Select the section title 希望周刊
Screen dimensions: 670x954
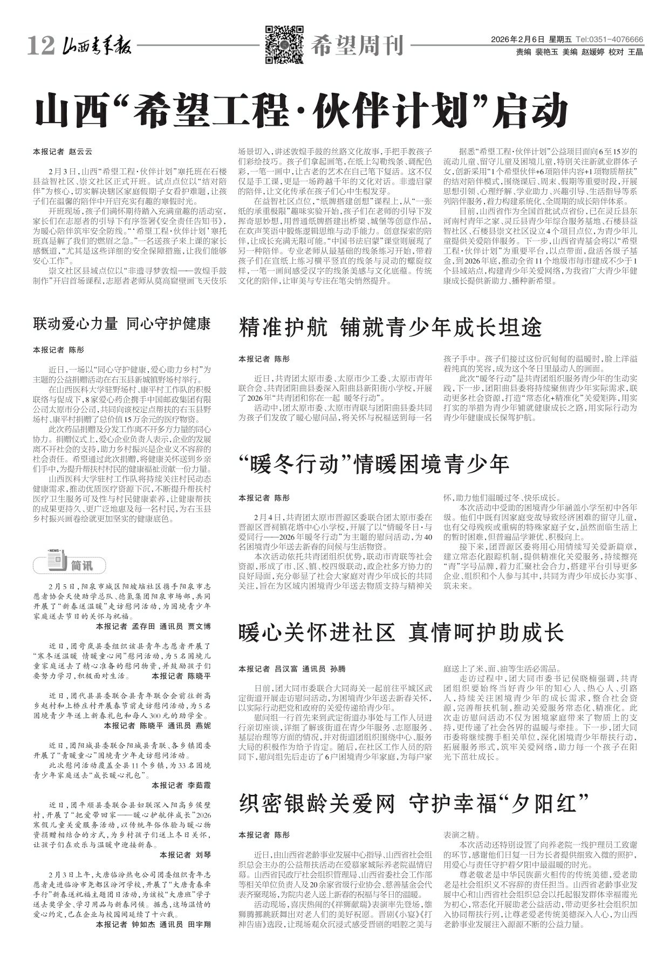click(357, 47)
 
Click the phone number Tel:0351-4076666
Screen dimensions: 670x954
click(609, 40)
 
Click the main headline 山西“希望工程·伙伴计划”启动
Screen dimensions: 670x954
click(302, 111)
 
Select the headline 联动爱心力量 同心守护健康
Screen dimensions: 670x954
click(121, 324)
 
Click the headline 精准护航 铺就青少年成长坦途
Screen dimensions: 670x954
click(390, 328)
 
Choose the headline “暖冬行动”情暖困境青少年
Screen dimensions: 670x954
click(374, 464)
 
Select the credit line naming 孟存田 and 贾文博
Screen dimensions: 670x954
click(153, 626)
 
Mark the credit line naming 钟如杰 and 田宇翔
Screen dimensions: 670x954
click(153, 924)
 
